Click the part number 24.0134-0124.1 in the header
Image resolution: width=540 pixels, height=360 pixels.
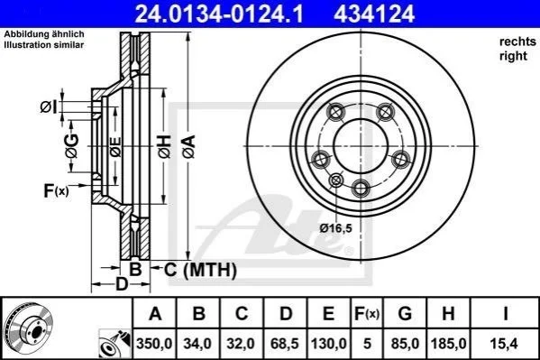click(x=219, y=14)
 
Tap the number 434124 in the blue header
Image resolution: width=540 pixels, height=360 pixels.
click(x=374, y=14)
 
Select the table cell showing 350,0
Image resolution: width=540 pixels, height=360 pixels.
click(x=155, y=344)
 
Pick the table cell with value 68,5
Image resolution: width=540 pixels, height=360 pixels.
click(x=285, y=344)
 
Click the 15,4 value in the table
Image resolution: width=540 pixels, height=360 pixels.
click(x=505, y=344)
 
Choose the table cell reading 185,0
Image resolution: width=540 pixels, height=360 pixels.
click(x=448, y=344)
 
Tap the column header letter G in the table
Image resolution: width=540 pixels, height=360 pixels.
click(x=405, y=313)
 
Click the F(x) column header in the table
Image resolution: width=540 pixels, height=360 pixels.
click(x=367, y=313)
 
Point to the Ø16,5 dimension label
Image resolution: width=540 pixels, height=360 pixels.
click(x=335, y=228)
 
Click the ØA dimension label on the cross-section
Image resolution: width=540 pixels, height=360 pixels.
click(x=188, y=146)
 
